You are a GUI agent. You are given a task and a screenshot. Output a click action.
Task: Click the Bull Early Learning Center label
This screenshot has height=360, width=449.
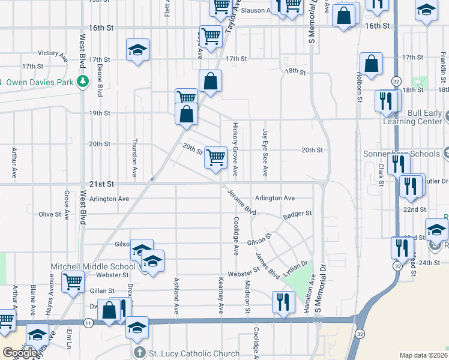point(415,117)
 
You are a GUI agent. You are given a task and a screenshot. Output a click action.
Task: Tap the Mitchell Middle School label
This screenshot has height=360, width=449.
point(101,266)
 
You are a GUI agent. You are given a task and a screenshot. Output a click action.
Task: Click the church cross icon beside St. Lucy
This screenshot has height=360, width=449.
point(139,353)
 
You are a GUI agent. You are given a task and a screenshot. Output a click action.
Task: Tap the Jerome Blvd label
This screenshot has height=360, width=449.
point(242,203)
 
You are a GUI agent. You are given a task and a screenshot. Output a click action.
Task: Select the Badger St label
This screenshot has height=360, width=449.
point(298,213)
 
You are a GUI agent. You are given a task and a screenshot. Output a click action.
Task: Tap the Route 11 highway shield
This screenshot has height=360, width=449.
point(88,323)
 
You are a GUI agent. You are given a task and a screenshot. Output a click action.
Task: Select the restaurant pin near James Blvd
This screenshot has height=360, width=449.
point(283,302)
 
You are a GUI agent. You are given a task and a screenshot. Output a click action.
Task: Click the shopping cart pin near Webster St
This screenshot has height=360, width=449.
point(73,281)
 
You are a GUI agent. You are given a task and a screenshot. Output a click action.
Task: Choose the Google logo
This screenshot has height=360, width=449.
point(20,353)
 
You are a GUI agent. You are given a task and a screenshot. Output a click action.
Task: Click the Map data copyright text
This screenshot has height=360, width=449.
point(424,355)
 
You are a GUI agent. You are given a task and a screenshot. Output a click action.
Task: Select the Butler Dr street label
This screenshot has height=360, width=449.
point(436,181)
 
